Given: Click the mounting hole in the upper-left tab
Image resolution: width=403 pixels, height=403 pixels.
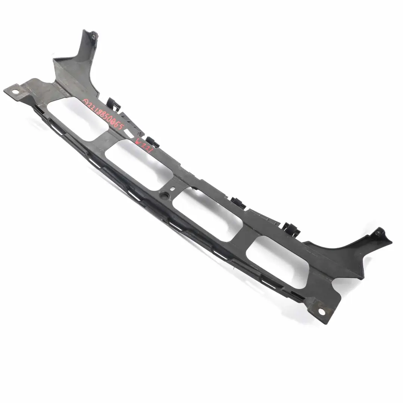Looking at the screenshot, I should tap(16, 91).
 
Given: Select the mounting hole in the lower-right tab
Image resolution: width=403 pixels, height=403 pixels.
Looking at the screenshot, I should tap(321, 310).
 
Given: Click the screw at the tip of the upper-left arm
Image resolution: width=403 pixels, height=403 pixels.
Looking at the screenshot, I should tap(93, 37).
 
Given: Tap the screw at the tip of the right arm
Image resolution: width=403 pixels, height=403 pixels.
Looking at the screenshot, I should tap(378, 234).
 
